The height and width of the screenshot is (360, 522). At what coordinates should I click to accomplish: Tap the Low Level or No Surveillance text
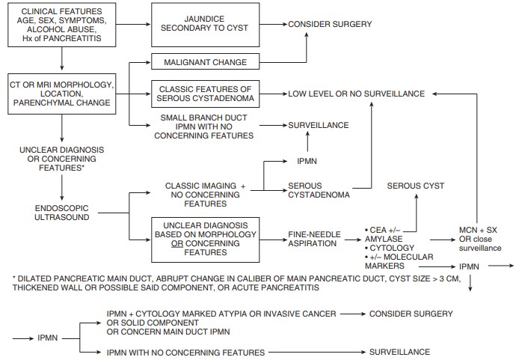click(356, 94)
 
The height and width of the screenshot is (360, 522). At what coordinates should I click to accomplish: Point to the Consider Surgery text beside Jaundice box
click(330, 25)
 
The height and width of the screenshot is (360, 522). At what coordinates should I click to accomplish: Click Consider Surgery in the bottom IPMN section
click(411, 312)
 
